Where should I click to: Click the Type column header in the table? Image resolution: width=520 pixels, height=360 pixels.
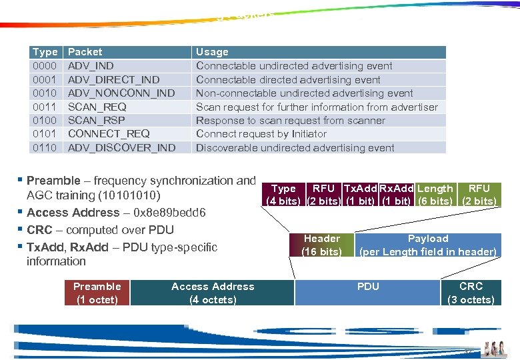click(45, 52)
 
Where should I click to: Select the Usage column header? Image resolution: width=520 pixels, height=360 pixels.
click(212, 52)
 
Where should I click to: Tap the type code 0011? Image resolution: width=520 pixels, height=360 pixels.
click(45, 107)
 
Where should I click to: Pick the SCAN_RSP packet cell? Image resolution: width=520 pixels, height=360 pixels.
click(97, 120)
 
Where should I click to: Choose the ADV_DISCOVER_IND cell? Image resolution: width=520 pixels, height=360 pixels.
click(122, 147)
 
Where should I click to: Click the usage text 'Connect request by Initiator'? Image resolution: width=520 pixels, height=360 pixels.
click(261, 134)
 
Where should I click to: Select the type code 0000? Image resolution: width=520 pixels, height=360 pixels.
click(45, 65)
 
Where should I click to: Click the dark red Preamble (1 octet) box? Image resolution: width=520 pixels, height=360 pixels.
click(97, 293)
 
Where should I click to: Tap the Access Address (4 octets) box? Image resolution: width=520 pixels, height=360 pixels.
click(213, 293)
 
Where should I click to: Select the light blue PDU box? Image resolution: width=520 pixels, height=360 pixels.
click(367, 293)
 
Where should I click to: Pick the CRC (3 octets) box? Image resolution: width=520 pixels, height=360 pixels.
click(471, 293)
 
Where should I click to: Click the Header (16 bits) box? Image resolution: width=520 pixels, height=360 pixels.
click(322, 245)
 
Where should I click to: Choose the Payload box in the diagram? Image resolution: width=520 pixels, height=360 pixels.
click(428, 245)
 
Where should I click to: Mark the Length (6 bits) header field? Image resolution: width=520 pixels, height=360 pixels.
click(435, 195)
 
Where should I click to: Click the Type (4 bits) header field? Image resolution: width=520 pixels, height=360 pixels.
click(284, 195)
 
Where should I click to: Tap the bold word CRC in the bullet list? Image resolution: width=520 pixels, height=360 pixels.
click(39, 230)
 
